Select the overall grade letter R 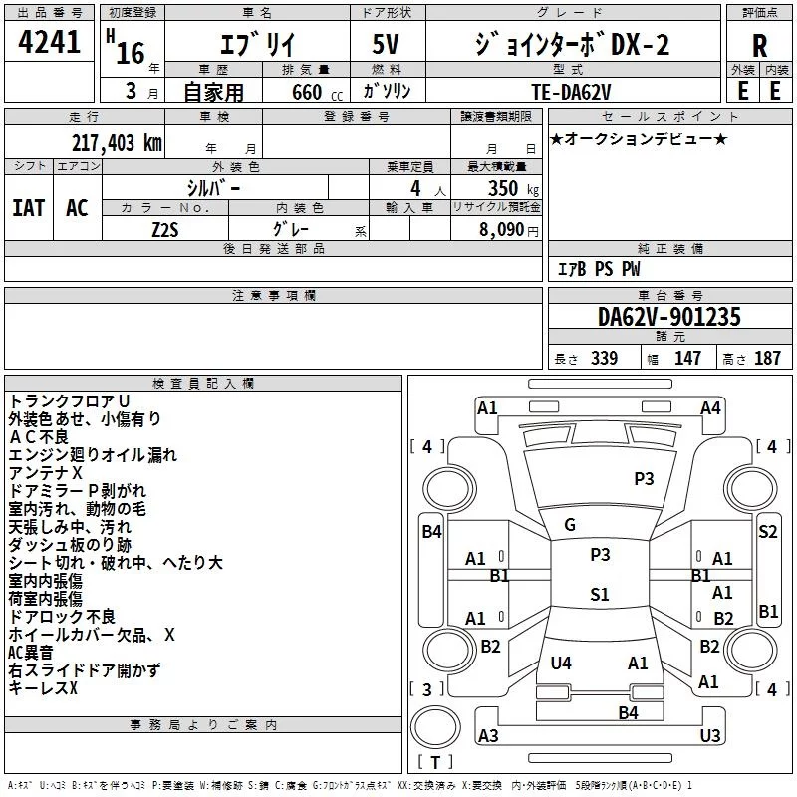759,46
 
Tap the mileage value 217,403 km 118,142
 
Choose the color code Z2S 165,228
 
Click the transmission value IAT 29,207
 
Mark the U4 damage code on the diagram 561,663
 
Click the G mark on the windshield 570,525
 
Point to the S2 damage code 767,531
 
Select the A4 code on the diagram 710,407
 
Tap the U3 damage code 710,735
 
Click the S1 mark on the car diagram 599,595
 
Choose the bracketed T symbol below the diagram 435,763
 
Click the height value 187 767,359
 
